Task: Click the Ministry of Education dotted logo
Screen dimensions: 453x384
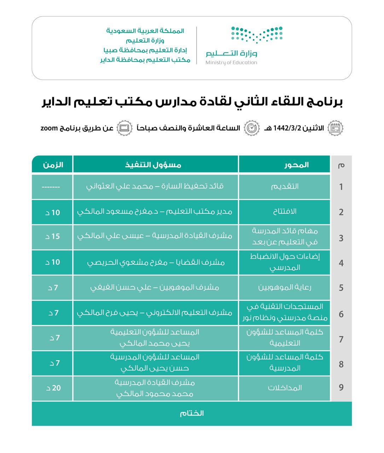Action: [257, 35]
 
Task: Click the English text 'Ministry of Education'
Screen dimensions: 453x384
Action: [232, 63]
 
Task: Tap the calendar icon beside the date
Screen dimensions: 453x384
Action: [335, 128]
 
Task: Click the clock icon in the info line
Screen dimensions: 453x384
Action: [252, 128]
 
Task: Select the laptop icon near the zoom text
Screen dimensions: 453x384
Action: [124, 128]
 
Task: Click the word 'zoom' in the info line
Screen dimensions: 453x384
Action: [49, 128]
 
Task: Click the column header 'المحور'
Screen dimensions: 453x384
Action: [296, 165]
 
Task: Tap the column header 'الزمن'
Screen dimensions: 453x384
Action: [53, 165]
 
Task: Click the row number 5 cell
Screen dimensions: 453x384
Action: [341, 288]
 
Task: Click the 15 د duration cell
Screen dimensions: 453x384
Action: [53, 236]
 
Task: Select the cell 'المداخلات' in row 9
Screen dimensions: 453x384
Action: [285, 388]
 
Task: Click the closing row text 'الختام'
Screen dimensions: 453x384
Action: [192, 413]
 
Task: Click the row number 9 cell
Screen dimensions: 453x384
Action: [341, 388]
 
